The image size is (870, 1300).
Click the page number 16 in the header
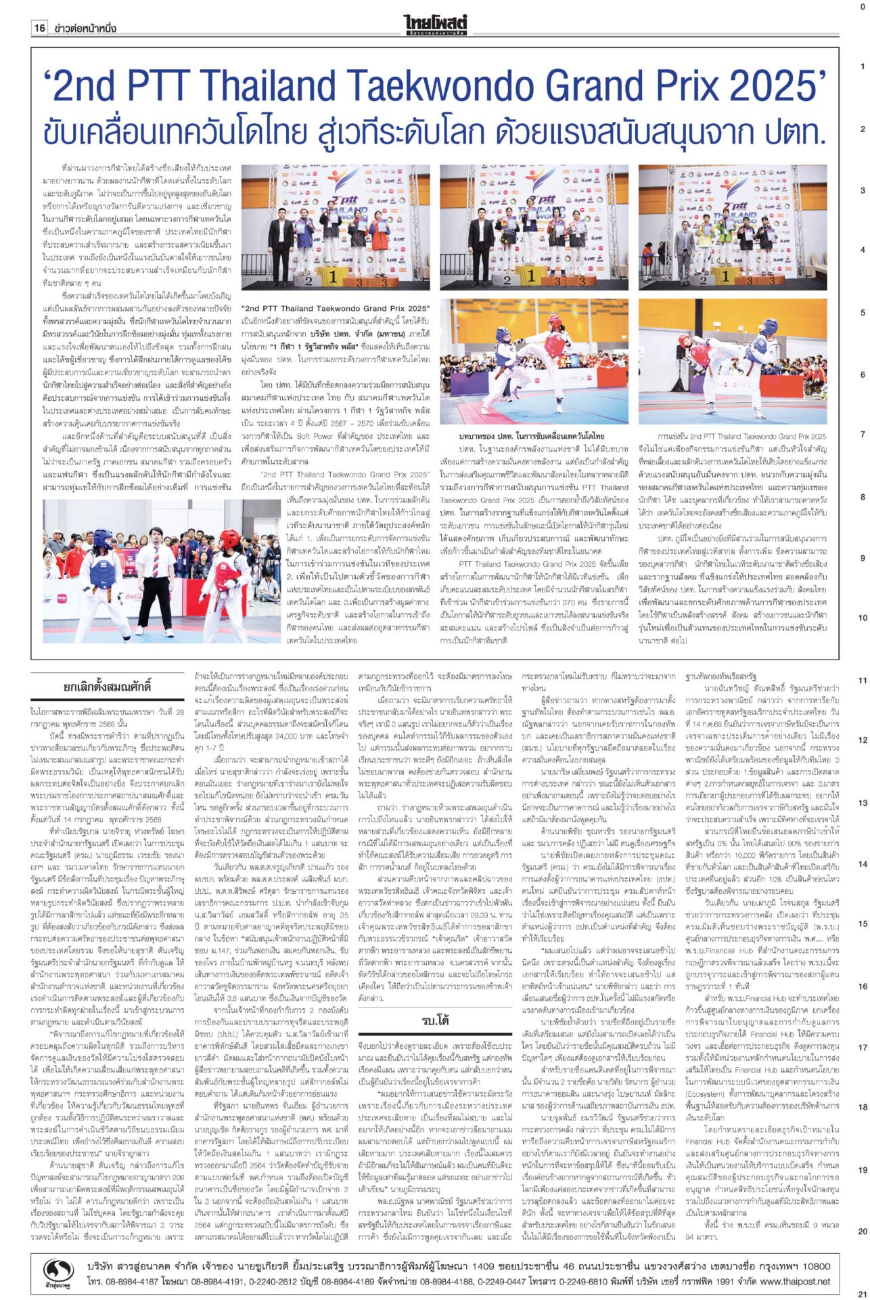(x=39, y=28)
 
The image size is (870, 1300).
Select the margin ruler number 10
(x=863, y=618)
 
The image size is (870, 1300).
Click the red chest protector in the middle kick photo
(x=555, y=328)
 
